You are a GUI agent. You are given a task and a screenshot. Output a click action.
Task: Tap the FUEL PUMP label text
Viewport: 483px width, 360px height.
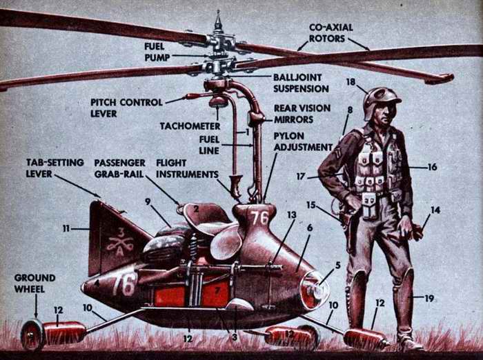(157, 52)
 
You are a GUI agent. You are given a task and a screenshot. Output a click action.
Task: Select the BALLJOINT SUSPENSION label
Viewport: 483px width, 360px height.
(301, 83)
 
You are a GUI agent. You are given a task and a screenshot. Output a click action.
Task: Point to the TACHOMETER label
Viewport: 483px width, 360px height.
(190, 126)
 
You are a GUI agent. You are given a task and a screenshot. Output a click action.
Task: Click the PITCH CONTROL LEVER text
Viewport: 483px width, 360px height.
(126, 108)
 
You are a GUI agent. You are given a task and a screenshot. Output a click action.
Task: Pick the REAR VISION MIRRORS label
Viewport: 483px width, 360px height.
(302, 114)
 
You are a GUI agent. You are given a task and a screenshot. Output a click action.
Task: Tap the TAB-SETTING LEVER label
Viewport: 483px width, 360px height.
(55, 168)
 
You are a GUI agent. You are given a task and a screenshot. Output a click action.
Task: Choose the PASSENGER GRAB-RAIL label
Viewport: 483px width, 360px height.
(120, 168)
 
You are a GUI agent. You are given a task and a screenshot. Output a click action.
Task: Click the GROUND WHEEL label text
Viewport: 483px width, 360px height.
(34, 283)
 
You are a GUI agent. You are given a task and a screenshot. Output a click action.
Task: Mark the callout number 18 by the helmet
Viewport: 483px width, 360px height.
(351, 82)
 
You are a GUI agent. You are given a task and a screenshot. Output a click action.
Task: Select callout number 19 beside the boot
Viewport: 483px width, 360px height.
(429, 298)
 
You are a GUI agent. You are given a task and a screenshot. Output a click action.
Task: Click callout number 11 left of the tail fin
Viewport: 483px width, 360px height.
(66, 229)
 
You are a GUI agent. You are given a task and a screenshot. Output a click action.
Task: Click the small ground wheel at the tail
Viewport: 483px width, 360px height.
(32, 334)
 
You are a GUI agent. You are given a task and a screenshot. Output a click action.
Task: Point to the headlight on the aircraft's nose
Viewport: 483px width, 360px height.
(314, 290)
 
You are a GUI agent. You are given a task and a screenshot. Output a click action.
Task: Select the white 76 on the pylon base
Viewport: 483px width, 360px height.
(259, 218)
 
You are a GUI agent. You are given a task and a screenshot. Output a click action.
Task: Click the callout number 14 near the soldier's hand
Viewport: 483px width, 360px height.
(435, 210)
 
